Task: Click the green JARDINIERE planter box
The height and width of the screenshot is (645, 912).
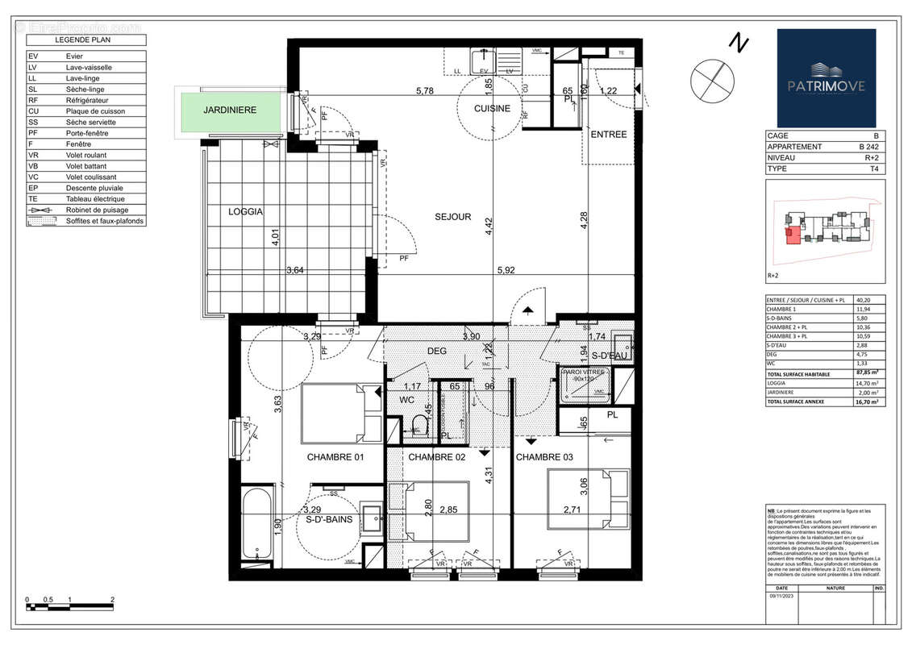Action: coord(229,110)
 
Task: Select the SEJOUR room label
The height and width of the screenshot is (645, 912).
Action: coord(452,217)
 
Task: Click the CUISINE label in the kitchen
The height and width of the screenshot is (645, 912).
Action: coord(492,109)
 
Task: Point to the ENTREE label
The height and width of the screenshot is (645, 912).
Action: coord(609,135)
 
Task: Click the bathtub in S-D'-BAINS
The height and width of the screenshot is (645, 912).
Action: coord(257,525)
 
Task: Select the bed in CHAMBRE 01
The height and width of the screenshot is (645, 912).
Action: coord(339,414)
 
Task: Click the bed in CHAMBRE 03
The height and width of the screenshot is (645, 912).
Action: coord(589,494)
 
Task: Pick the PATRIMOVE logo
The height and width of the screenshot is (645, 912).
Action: coord(826,77)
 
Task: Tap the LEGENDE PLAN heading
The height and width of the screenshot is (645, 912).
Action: coord(85,40)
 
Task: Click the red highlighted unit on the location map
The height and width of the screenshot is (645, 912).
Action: coord(793,235)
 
